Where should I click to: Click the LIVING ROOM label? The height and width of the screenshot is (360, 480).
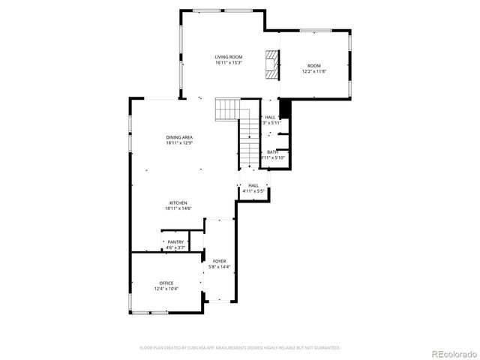point(229,57)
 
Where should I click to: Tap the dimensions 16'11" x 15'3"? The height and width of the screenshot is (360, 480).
point(229,63)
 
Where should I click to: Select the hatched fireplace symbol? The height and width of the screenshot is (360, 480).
point(271,64)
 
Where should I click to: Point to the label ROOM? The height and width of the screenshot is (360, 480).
point(314,66)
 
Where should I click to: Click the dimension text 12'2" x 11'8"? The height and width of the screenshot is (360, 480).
point(314,72)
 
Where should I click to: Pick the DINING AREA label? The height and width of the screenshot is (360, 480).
point(180,137)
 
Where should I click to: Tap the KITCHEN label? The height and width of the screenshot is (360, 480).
point(178,202)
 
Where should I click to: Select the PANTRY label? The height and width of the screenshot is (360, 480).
point(175,241)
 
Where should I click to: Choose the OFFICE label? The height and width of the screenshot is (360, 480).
point(166,283)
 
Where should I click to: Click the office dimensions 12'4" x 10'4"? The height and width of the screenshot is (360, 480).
point(166,289)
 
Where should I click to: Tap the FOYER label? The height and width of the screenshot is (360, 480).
point(219,261)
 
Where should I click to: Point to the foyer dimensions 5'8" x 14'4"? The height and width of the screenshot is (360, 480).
point(219,267)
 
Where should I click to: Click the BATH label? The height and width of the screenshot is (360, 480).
point(271,152)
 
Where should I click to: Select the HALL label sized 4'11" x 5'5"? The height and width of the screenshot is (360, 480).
point(253,185)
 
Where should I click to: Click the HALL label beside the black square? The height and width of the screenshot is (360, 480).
point(270,117)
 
